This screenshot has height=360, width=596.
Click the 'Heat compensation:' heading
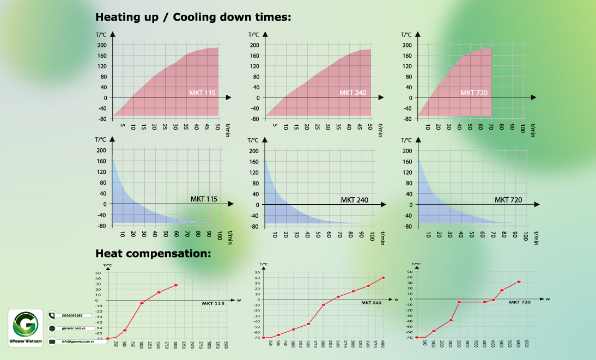coord(153,253)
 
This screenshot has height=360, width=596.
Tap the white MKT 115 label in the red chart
coord(202,93)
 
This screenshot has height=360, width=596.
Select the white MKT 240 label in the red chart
coord(352,93)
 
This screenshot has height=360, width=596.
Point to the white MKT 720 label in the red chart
coord(474,93)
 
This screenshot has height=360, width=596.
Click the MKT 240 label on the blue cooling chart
coord(355,200)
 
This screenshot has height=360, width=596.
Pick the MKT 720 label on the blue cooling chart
coord(508,200)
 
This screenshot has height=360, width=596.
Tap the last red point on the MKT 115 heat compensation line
coord(176,285)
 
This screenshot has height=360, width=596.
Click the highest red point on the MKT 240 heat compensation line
coord(384,278)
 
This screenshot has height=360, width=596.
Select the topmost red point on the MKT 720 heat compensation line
coord(519,282)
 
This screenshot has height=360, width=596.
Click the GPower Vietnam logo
coord(26,326)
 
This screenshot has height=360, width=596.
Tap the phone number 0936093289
coord(72,315)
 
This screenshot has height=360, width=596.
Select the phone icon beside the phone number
coord(52,315)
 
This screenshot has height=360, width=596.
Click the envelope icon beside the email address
coord(52,341)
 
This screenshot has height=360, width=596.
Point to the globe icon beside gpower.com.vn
coord(52,328)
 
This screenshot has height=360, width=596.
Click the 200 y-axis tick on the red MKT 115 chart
coord(101,45)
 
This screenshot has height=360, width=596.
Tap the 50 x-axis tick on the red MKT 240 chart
coord(370,127)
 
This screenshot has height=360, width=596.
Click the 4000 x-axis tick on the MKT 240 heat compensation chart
coord(384,344)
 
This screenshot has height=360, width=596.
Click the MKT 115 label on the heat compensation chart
coord(213,303)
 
